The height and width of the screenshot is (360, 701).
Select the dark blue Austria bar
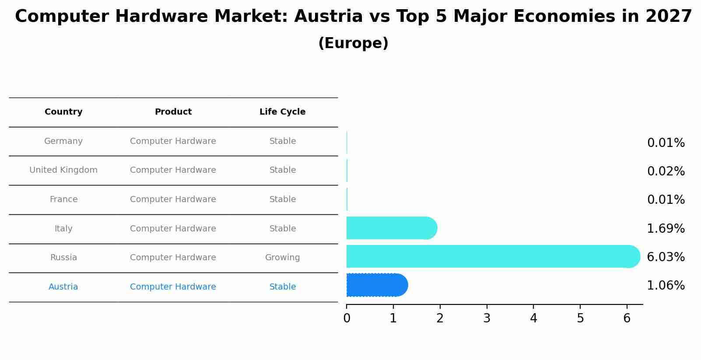376,285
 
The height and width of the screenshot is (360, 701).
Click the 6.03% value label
666,257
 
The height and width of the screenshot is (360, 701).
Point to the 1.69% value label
666,229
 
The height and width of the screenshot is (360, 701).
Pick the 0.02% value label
666,171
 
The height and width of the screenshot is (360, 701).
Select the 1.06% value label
666,286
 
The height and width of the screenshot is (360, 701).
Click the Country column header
63,112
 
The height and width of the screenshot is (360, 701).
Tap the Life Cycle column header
282,112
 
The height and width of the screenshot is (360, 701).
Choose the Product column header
173,112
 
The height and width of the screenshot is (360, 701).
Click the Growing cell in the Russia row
282,258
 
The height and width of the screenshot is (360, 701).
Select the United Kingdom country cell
63,170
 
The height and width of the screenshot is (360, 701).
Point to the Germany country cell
63,141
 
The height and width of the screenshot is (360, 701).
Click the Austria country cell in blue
63,287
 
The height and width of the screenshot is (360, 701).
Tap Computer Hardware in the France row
173,199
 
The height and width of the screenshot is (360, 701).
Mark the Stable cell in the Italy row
282,229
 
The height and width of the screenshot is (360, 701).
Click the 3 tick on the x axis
487,318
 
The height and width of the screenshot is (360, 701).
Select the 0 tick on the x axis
347,318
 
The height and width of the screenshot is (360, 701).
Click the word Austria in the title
328,17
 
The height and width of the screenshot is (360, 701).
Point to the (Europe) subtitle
353,43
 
